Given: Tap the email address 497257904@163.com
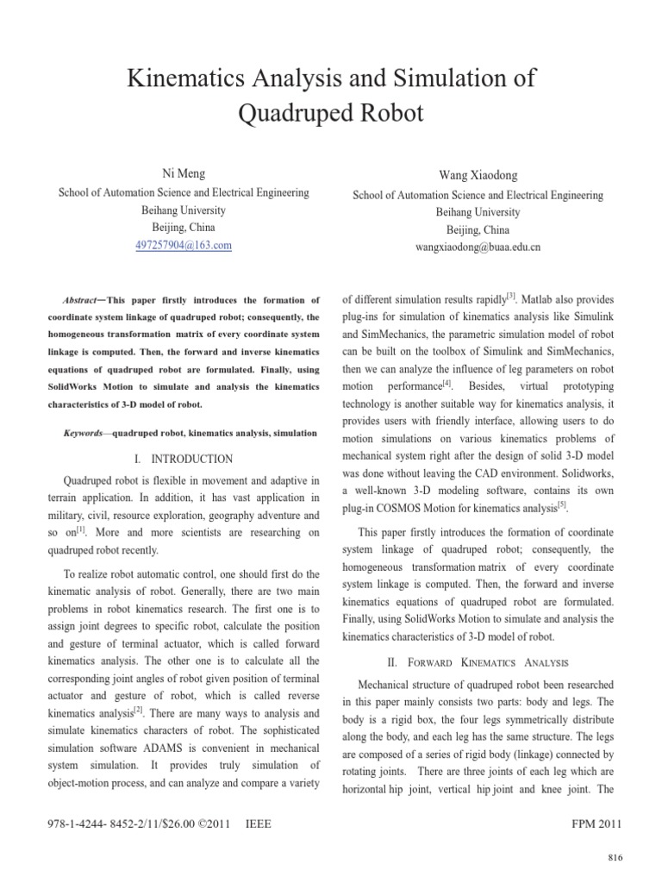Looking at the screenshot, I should pyautogui.click(x=184, y=246).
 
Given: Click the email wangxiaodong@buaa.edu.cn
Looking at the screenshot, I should pyautogui.click(x=478, y=247).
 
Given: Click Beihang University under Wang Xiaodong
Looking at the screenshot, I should pyautogui.click(x=477, y=212).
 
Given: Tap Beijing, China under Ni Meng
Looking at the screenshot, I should pyautogui.click(x=184, y=228).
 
